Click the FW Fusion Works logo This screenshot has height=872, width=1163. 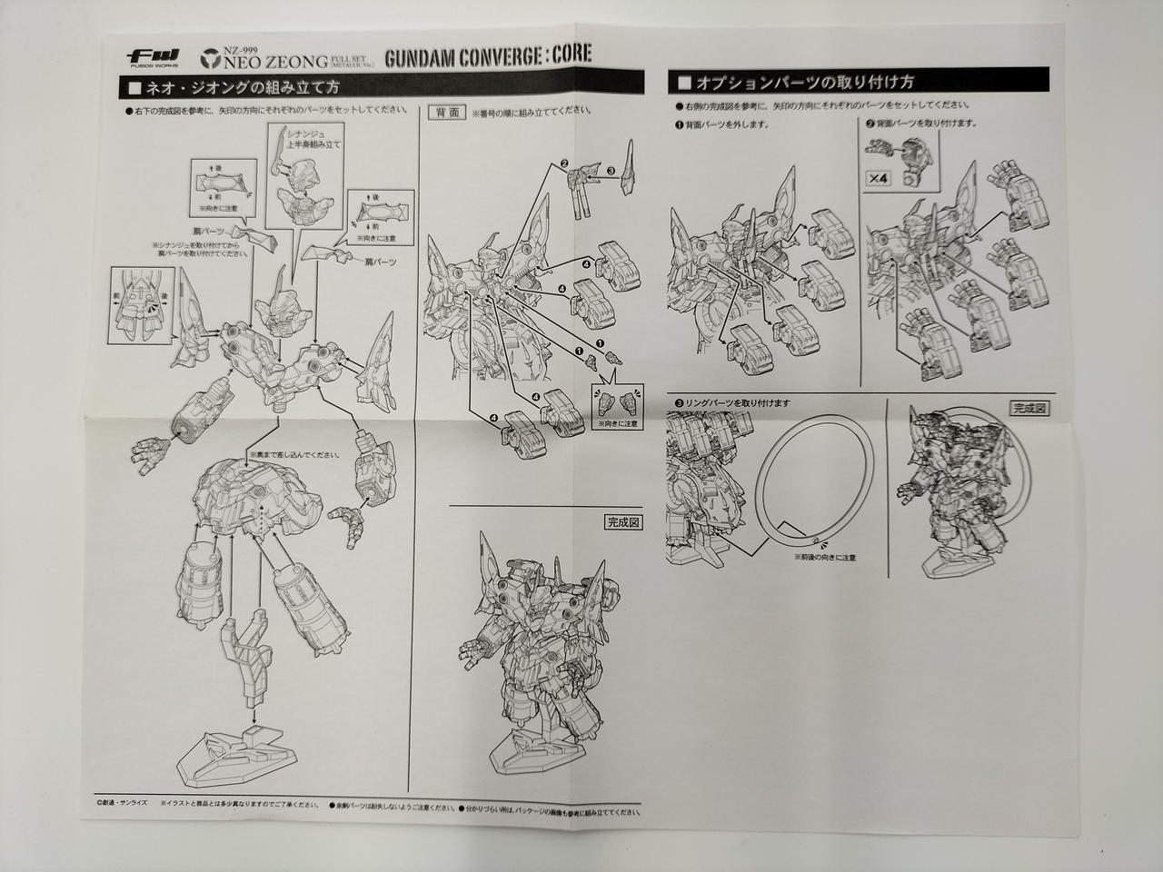coord(149,55)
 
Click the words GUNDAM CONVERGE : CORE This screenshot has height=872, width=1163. coord(488,54)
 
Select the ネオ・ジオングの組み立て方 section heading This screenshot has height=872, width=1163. coord(242,88)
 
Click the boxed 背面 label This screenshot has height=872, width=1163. coord(446,113)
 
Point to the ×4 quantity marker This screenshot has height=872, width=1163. coord(878,179)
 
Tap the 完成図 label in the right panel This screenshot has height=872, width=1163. coord(1028,408)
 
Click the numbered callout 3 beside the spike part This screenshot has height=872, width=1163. coord(611,170)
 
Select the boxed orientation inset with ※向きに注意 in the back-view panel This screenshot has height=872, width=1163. coord(613,403)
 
